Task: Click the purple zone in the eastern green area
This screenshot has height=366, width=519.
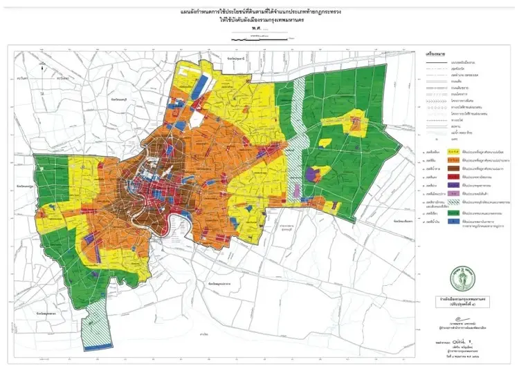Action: [x=320, y=173]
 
